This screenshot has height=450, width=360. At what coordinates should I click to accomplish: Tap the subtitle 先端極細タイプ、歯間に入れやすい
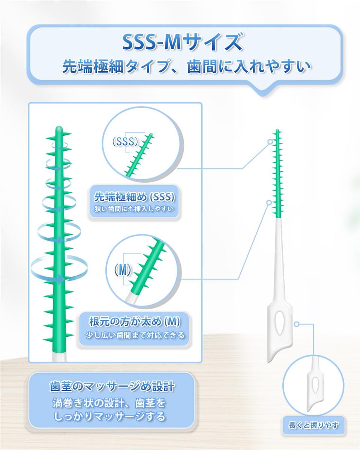click(187, 67)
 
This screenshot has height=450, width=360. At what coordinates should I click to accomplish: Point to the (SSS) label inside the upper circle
click(125, 142)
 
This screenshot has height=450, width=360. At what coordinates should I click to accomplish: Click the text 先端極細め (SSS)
click(134, 197)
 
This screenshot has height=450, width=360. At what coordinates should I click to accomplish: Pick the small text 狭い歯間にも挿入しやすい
click(134, 209)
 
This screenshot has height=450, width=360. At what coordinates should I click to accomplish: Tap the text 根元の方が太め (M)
click(135, 322)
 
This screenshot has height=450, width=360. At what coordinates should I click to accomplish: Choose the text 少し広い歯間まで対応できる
click(135, 335)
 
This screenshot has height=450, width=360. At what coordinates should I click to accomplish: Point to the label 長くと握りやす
click(313, 425)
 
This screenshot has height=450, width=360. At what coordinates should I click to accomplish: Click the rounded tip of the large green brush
click(59, 128)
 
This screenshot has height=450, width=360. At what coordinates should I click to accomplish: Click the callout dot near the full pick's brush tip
click(270, 142)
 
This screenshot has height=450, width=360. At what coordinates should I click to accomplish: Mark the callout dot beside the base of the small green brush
click(269, 202)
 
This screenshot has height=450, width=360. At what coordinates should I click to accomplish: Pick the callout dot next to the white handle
click(296, 324)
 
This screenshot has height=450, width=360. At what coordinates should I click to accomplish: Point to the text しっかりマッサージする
click(109, 416)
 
